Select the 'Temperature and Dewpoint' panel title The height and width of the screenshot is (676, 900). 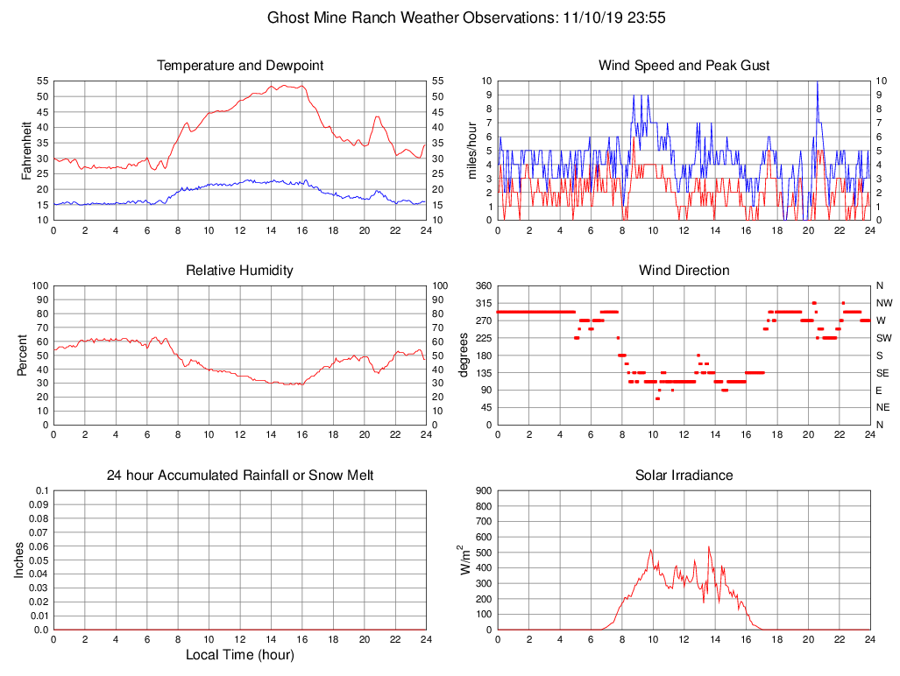240,66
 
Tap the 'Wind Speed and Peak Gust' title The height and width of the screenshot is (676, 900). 684,66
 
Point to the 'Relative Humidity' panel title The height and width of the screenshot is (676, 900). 240,271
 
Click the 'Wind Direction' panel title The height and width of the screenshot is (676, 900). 684,271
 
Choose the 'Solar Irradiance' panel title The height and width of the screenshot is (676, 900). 684,475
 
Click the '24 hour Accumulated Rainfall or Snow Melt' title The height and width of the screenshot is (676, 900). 240,475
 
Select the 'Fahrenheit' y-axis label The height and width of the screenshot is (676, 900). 27,150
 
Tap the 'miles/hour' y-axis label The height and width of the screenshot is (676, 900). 472,150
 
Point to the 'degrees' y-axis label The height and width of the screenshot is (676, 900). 464,355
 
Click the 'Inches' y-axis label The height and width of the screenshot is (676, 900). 19,560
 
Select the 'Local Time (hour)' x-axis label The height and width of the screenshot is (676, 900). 240,655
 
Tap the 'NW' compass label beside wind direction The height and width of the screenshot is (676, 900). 882,303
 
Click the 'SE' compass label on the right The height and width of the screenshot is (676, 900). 881,372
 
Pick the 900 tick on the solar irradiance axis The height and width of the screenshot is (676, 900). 483,491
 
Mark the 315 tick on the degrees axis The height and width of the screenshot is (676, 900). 483,303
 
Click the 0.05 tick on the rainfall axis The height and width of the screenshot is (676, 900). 39,560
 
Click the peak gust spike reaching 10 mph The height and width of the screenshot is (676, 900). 817,83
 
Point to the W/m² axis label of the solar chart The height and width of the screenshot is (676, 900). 465,560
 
